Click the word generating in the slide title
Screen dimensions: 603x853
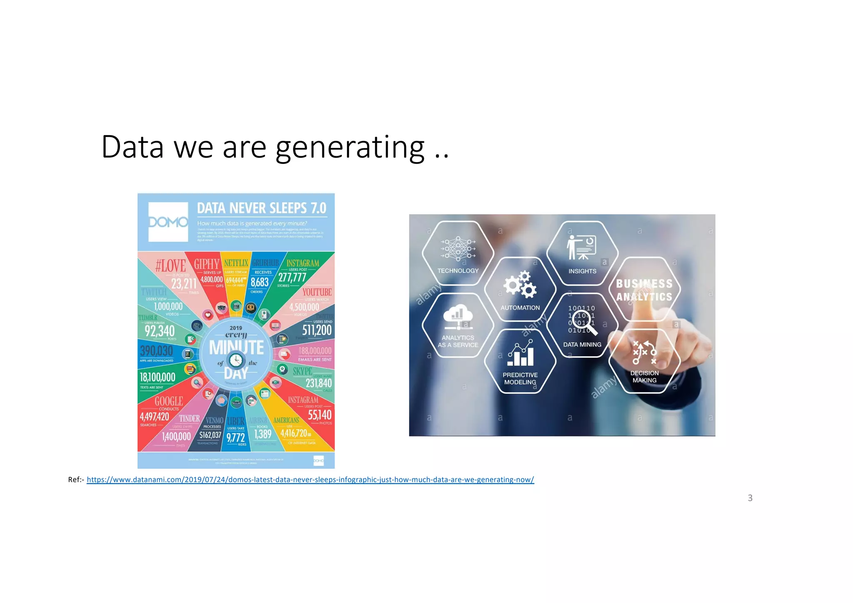point(350,148)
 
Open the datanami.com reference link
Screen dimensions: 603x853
point(310,479)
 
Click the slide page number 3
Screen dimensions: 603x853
point(750,498)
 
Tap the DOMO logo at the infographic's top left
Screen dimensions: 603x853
point(168,222)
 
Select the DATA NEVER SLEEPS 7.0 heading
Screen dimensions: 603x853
point(262,208)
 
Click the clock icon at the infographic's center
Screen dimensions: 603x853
point(236,360)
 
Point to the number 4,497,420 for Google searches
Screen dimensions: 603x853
point(155,416)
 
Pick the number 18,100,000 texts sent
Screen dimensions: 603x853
point(157,377)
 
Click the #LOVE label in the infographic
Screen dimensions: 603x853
point(170,265)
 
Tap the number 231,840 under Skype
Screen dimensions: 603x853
point(319,383)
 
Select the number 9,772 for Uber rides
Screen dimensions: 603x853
point(235,438)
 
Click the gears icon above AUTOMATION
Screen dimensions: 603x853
point(520,285)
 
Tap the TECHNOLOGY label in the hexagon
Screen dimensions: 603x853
point(458,271)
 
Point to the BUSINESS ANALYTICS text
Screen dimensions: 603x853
point(644,290)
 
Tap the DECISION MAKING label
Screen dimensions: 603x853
point(644,377)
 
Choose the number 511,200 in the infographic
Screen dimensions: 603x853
point(317,330)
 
